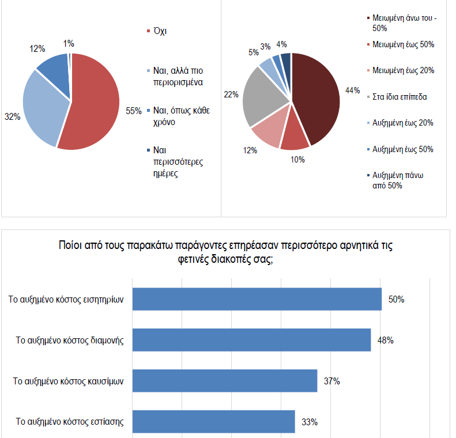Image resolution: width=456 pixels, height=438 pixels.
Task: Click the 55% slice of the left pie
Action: pos(95,104)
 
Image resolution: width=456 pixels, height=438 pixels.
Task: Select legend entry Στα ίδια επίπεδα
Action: pos(400,96)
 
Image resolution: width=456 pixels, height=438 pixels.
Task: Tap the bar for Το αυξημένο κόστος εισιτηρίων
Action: pos(257,299)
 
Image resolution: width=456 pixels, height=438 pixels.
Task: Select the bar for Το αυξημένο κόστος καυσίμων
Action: pos(225,380)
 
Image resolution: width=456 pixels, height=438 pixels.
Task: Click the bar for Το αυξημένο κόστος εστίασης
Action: pos(214,421)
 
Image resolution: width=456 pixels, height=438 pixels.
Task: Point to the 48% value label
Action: pos(386,340)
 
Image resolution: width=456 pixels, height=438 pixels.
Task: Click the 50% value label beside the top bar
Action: pos(396,300)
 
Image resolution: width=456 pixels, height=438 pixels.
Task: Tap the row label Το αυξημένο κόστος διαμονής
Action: pos(70,340)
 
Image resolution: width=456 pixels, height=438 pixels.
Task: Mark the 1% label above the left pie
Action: pos(69,43)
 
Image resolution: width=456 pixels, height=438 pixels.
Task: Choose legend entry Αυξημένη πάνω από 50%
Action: pos(402,180)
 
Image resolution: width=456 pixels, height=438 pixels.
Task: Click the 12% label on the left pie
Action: pos(37,49)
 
